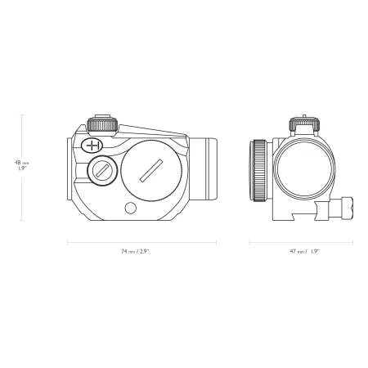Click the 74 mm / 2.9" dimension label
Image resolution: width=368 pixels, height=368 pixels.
point(135,251)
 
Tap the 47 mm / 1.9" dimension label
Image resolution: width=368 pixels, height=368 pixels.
point(304,251)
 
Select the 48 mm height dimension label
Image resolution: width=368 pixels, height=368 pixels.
point(21,165)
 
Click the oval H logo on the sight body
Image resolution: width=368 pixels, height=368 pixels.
point(92,146)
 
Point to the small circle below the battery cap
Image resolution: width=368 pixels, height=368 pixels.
point(130,208)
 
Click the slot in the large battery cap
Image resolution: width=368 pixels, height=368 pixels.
point(151,171)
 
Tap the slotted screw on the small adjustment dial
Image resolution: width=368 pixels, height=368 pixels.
point(101,171)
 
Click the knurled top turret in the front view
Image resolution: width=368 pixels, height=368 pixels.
point(304,123)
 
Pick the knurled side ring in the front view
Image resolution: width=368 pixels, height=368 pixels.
point(260,171)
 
